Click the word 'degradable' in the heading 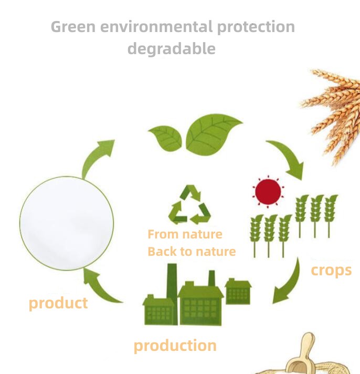[x=172, y=49]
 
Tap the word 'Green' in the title [x=73, y=26]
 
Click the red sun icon [x=268, y=192]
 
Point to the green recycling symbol [x=189, y=205]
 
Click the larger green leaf [x=213, y=134]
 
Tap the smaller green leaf [x=166, y=139]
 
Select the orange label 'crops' [x=331, y=271]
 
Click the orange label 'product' [x=58, y=304]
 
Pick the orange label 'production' [x=175, y=346]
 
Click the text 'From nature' [x=185, y=234]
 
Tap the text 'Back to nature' [x=192, y=252]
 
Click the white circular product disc [x=67, y=223]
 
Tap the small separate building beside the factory [x=238, y=292]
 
